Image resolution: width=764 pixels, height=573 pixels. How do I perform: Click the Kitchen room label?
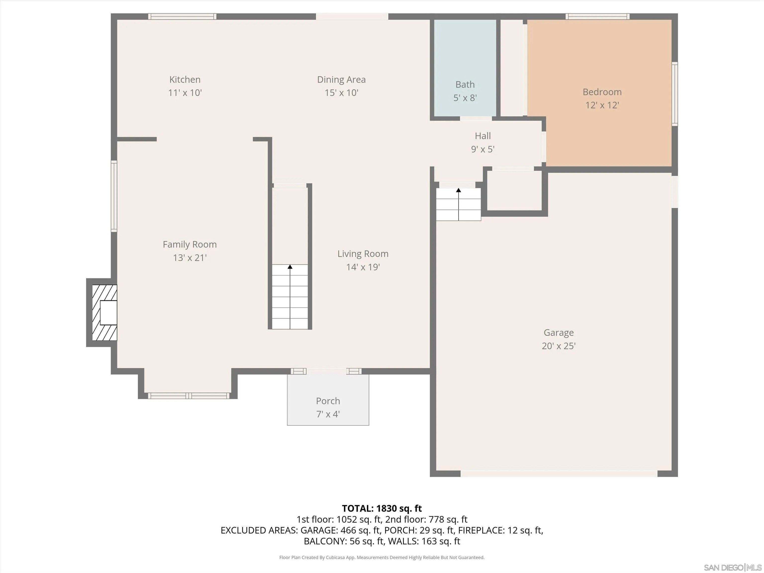(185, 79)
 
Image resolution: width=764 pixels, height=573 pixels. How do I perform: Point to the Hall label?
(482, 136)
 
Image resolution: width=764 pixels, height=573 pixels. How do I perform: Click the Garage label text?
(559, 333)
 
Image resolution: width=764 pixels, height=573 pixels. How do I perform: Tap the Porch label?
(328, 401)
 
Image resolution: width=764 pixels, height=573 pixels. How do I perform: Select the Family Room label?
(190, 244)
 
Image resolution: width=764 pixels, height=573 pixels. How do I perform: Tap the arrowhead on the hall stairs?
(458, 190)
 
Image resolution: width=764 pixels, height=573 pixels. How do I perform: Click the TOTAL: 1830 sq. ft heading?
(382, 508)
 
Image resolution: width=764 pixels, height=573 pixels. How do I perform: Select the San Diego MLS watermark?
(733, 568)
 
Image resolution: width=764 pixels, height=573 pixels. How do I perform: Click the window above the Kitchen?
(182, 16)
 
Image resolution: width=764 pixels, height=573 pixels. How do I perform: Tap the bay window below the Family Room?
(189, 396)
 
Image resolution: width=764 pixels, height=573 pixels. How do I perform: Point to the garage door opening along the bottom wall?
(559, 474)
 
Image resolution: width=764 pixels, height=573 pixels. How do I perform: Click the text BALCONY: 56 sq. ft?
(344, 541)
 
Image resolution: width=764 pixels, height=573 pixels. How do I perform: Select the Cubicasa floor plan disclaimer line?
(382, 558)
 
